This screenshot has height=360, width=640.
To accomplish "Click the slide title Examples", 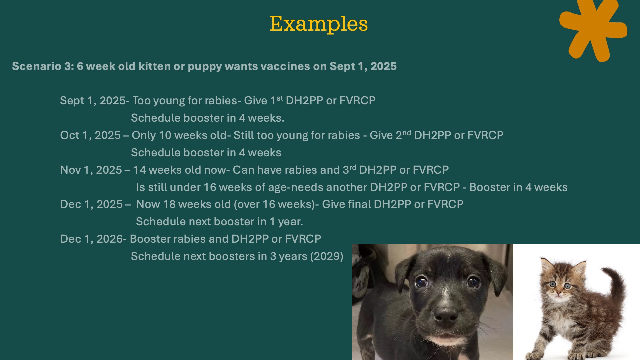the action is pyautogui.click(x=319, y=24).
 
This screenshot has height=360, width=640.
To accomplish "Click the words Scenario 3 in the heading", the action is pyautogui.click(x=43, y=66).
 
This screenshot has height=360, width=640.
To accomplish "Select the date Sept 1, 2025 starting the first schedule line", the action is pyautogui.click(x=92, y=101).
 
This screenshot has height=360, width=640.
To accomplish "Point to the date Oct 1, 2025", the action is pyautogui.click(x=90, y=135).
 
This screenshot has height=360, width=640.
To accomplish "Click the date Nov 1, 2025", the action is pyautogui.click(x=91, y=170).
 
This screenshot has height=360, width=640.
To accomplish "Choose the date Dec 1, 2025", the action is pyautogui.click(x=91, y=204).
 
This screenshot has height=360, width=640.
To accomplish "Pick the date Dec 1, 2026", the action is pyautogui.click(x=91, y=239).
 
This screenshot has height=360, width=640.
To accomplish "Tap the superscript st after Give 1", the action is pyautogui.click(x=280, y=98).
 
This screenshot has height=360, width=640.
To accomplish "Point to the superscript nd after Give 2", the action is pyautogui.click(x=407, y=133).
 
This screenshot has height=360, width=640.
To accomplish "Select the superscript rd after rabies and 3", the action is pyautogui.click(x=353, y=167).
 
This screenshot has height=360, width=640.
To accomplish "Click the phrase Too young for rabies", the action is pyautogui.click(x=185, y=101).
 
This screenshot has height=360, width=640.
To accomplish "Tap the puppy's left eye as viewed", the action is pyautogui.click(x=422, y=282).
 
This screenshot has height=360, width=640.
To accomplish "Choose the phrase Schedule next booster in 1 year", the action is pyautogui.click(x=219, y=222).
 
